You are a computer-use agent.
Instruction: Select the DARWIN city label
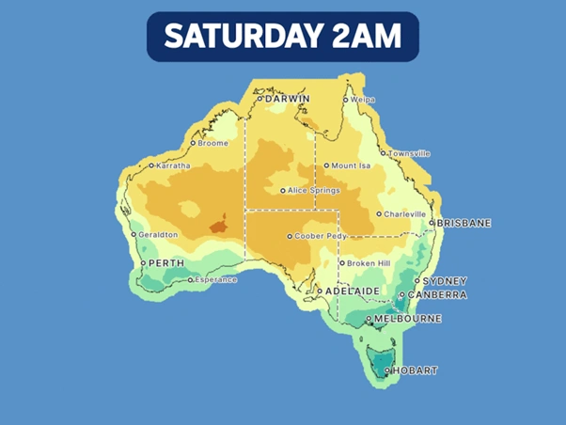click(289, 98)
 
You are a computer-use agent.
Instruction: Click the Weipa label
click(362, 99)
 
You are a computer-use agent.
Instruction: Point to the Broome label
click(212, 143)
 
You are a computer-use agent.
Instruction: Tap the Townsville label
click(409, 152)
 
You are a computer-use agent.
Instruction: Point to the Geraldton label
click(159, 234)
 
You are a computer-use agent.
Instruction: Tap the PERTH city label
click(166, 263)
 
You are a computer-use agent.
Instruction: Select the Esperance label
click(216, 279)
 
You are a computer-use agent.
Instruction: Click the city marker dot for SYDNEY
click(417, 281)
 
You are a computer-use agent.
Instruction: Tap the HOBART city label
click(416, 370)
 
